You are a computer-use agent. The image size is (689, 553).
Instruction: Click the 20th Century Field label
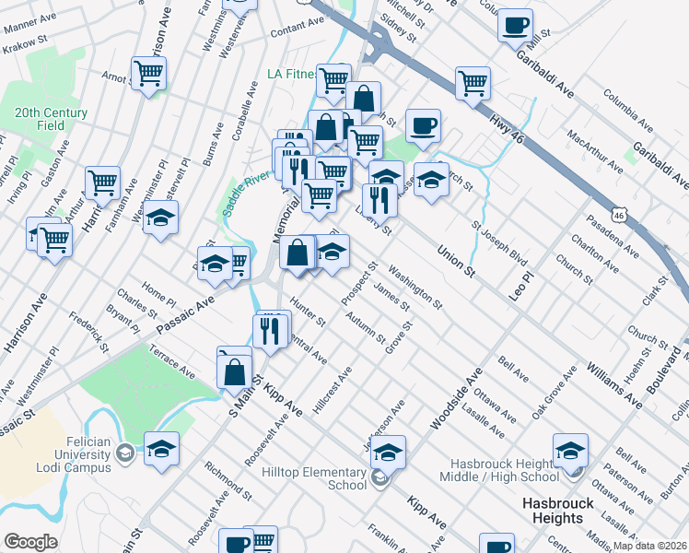point(51,119)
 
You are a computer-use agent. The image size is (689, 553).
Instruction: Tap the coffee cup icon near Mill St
point(515,24)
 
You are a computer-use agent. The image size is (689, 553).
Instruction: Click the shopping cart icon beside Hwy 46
point(473,82)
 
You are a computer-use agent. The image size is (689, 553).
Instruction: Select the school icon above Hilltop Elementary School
point(388,453)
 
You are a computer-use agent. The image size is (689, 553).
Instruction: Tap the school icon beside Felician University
point(161,449)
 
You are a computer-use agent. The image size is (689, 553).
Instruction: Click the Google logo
point(30,542)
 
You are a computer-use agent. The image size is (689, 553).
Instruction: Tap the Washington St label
point(415,287)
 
